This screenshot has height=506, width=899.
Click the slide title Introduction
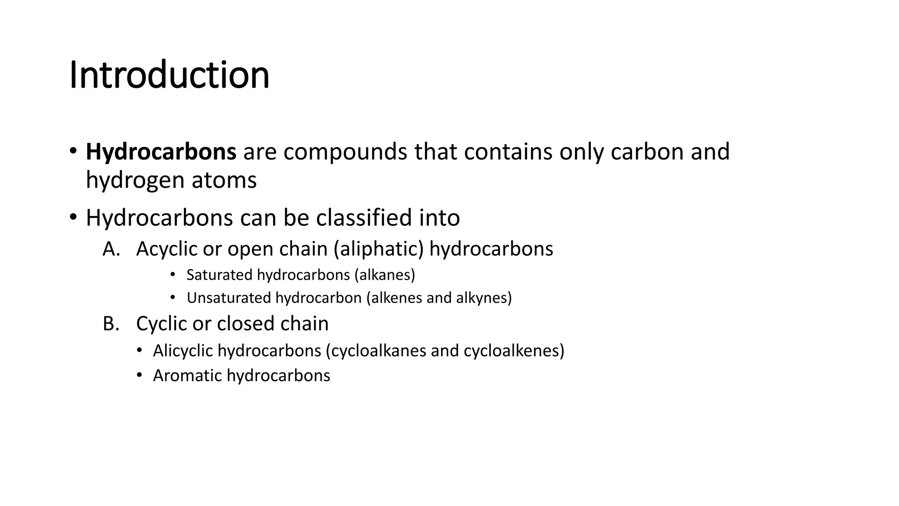(169, 75)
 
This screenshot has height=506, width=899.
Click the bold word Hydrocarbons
(161, 152)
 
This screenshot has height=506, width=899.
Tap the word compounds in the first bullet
(345, 152)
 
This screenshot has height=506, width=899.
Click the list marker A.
(111, 249)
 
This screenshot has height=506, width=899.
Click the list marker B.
(111, 324)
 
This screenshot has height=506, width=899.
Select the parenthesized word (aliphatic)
(378, 249)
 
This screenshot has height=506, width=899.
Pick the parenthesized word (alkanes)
(385, 275)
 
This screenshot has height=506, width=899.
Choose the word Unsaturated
(228, 298)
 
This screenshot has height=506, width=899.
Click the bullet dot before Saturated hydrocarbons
(173, 275)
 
